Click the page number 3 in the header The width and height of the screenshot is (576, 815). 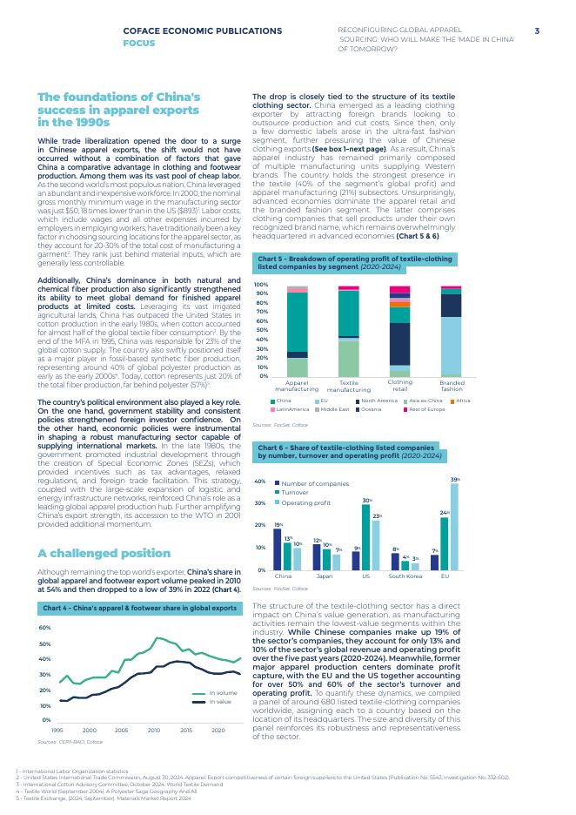(x=537, y=31)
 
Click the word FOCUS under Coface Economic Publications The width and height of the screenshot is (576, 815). (x=139, y=42)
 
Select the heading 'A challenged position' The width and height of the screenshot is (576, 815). (x=104, y=553)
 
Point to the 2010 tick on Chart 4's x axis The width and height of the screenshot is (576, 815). (x=153, y=730)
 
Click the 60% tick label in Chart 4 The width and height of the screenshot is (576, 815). (x=45, y=627)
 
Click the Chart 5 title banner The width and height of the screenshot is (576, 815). (x=356, y=262)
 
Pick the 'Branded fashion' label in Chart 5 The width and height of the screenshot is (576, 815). (x=452, y=386)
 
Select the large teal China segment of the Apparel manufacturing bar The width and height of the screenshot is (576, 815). (x=298, y=321)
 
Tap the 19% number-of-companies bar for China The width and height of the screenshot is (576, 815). (x=278, y=549)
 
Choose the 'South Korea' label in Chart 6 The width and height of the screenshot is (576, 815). (x=405, y=576)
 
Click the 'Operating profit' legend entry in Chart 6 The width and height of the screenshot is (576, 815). (x=305, y=502)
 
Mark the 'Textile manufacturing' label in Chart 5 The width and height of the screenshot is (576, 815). (x=349, y=386)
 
